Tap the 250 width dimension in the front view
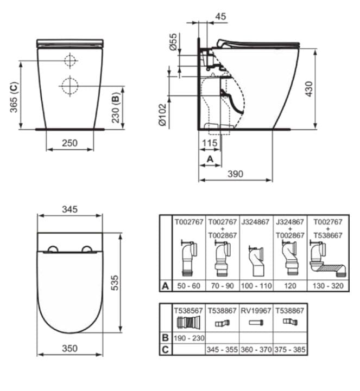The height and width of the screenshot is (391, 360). (x=69, y=143)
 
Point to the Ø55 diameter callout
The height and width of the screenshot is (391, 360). (x=173, y=42)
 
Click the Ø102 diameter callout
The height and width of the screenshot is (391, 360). (x=161, y=114)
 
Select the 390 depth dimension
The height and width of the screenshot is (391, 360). (x=235, y=174)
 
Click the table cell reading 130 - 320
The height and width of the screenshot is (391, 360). (x=327, y=284)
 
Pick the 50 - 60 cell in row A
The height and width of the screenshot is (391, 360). (x=188, y=284)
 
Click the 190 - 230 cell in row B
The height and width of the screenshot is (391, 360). (x=188, y=338)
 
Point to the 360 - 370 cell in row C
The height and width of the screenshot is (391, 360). (x=256, y=350)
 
